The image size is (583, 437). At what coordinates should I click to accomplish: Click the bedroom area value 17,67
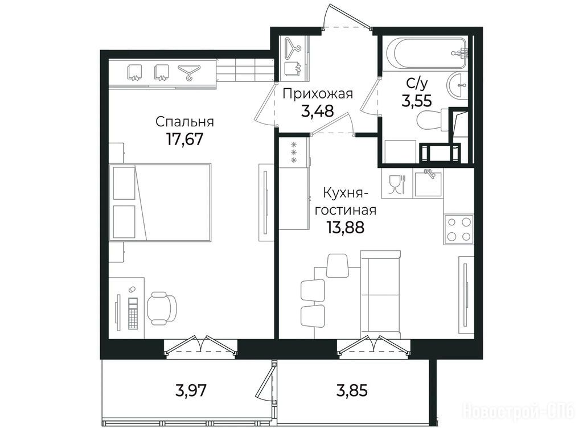pyautogui.click(x=184, y=139)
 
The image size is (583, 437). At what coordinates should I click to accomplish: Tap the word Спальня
pyautogui.click(x=184, y=122)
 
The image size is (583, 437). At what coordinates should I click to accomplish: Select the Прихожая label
pyautogui.click(x=318, y=94)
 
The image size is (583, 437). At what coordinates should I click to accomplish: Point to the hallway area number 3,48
pyautogui.click(x=317, y=111)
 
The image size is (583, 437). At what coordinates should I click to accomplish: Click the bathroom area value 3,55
pyautogui.click(x=416, y=100)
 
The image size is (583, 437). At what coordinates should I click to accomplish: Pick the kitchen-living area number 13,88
pyautogui.click(x=345, y=226)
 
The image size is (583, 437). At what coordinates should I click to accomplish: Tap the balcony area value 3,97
pyautogui.click(x=191, y=390)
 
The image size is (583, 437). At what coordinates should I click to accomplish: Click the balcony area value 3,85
pyautogui.click(x=352, y=390)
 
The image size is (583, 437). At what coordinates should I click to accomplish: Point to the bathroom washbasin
pyautogui.click(x=458, y=86)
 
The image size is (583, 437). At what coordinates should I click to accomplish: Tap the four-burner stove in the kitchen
pyautogui.click(x=458, y=229)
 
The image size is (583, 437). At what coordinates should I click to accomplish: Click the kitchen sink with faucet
pyautogui.click(x=429, y=183)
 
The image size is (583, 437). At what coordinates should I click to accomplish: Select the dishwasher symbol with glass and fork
pyautogui.click(x=397, y=184)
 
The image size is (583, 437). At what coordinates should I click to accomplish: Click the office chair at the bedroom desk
pyautogui.click(x=162, y=308)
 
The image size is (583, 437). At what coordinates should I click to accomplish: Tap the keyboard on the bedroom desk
pyautogui.click(x=133, y=313)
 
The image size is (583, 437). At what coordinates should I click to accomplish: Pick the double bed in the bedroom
pyautogui.click(x=160, y=203)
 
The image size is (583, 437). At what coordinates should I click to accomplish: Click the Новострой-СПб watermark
pyautogui.click(x=518, y=411)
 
